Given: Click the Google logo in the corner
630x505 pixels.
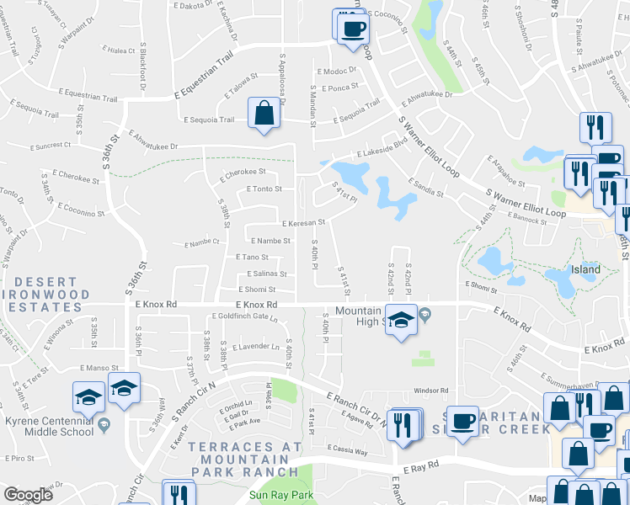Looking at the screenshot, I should (29, 496).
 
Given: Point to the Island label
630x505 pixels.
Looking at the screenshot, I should (585, 270).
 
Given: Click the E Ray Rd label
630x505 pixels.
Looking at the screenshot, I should (421, 465).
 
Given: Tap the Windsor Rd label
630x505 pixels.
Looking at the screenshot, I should (430, 391).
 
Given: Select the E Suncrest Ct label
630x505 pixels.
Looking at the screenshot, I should (51, 146).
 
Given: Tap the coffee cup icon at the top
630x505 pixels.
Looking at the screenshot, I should (353, 29).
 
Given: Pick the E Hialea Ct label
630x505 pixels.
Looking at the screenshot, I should (120, 51).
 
